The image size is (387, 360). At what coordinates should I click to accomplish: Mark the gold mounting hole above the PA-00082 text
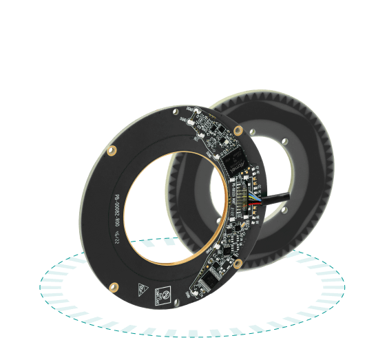(x=112, y=149)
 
